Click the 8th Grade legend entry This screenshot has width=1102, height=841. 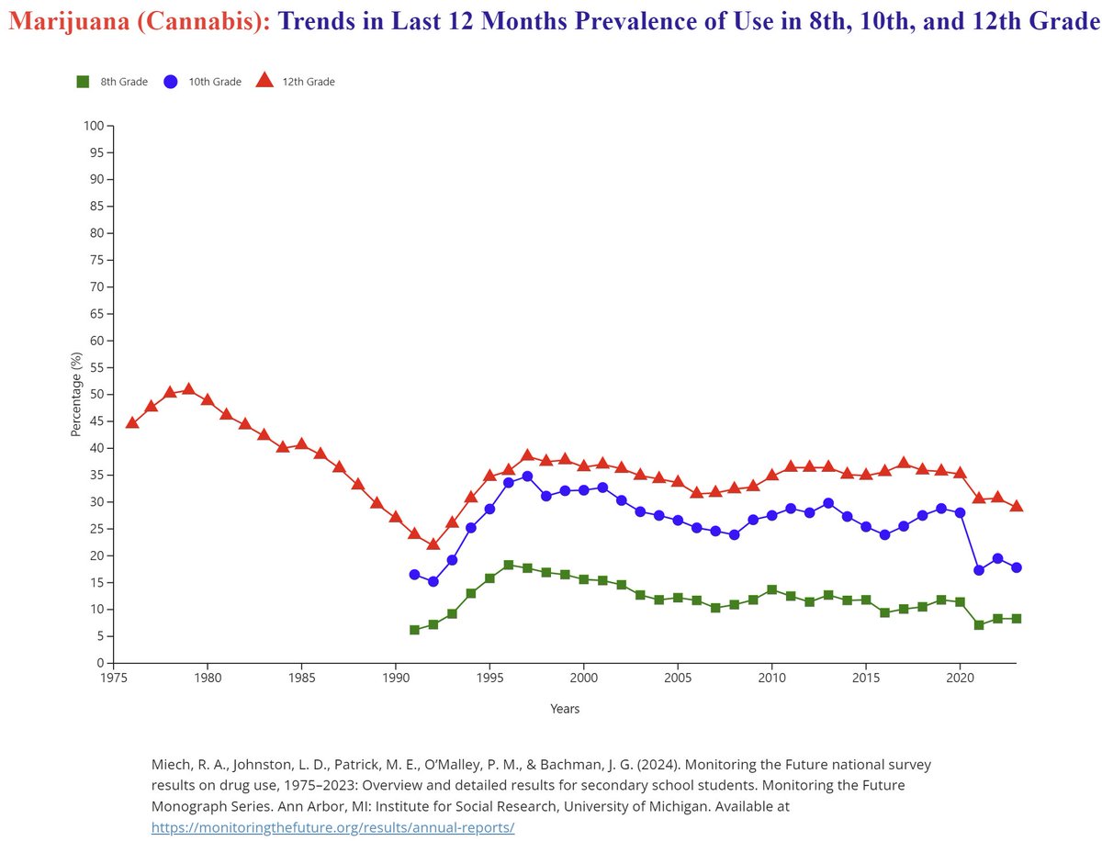[x=112, y=82]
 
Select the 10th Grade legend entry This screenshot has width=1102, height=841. [x=202, y=82]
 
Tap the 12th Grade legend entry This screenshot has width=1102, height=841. [x=295, y=82]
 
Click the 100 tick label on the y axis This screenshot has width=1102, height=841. [x=95, y=126]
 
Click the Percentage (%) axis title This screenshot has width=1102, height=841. [x=76, y=395]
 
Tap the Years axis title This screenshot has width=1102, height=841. [x=565, y=709]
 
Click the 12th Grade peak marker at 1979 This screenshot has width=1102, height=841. [x=189, y=388]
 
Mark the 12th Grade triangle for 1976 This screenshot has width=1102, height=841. [x=132, y=422]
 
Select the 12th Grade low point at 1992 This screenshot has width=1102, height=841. [x=433, y=544]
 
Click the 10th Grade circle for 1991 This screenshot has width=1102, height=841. [x=414, y=575]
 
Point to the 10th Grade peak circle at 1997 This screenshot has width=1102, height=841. [x=527, y=477]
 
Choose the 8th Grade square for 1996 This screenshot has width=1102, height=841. [x=509, y=565]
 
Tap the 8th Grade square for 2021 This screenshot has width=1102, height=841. [x=979, y=625]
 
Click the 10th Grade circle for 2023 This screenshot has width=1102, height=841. [x=1017, y=567]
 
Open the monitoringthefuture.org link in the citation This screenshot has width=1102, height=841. [x=333, y=827]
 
